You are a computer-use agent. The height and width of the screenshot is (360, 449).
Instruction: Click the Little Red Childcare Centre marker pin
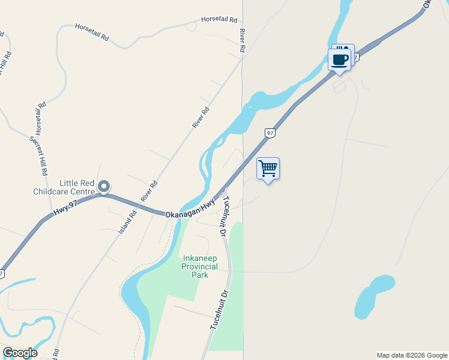104,187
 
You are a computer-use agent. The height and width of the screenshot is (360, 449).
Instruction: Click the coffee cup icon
340,60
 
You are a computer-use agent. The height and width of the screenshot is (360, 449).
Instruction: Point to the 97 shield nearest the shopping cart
270,133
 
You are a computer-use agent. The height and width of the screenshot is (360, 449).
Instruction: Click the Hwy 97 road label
65,205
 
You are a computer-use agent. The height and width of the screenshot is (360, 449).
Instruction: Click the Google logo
20,353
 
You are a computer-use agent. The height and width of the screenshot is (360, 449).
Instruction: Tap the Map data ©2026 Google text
412,355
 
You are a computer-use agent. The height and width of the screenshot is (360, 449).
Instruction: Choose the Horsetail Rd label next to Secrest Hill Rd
40,118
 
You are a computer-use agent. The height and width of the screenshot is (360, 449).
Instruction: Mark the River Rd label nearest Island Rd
148,191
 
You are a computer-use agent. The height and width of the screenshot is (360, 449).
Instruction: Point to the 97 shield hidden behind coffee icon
355,58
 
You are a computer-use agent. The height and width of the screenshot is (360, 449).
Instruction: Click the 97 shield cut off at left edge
2,274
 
